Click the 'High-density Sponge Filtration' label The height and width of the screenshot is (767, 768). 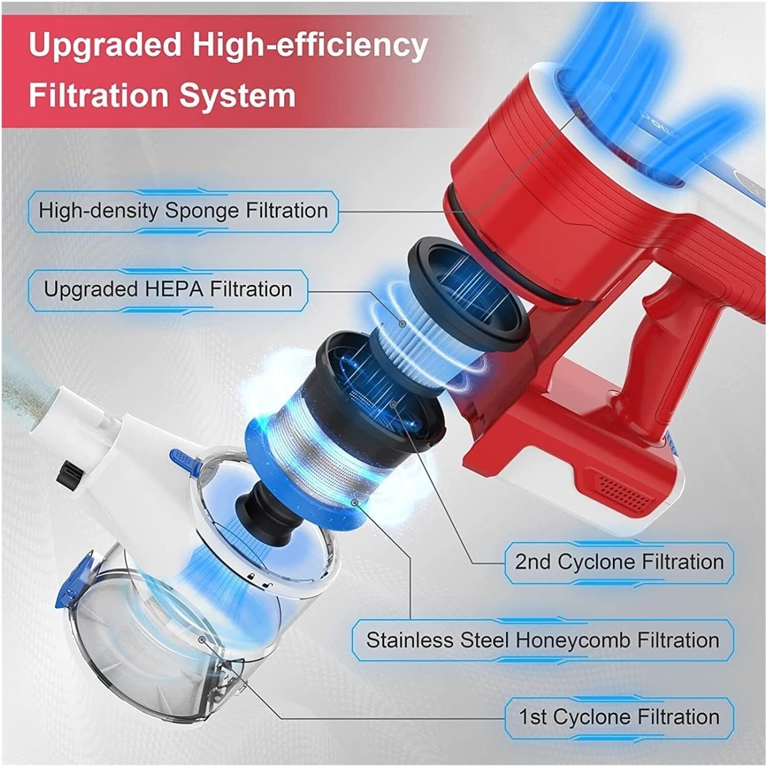[183, 210]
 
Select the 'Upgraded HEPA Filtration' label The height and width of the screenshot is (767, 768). [168, 289]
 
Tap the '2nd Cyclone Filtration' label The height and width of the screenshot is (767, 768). [619, 562]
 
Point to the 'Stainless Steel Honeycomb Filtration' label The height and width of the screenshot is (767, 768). [543, 640]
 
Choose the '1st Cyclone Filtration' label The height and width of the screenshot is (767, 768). [619, 717]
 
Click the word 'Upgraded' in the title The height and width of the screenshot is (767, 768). [105, 45]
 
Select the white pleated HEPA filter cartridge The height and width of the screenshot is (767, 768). [404, 338]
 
